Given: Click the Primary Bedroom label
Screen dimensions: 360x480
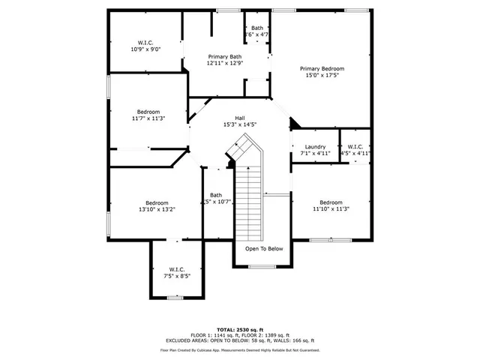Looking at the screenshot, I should pyautogui.click(x=323, y=68).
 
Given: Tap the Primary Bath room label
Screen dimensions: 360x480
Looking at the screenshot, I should pyautogui.click(x=225, y=57).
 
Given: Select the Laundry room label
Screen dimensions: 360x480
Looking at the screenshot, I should pyautogui.click(x=313, y=146).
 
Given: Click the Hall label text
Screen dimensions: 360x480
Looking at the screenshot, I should pyautogui.click(x=240, y=118).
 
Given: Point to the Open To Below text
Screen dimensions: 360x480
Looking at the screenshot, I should pyautogui.click(x=264, y=249).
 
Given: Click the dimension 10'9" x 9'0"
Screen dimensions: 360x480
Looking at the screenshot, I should pyautogui.click(x=145, y=49).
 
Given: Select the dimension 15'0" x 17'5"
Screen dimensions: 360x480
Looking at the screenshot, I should pyautogui.click(x=323, y=75).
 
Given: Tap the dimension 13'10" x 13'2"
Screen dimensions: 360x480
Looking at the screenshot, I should pyautogui.click(x=157, y=209).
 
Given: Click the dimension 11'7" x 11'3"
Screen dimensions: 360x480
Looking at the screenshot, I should pyautogui.click(x=148, y=118).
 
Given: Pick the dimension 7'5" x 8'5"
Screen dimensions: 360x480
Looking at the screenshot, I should pyautogui.click(x=177, y=275).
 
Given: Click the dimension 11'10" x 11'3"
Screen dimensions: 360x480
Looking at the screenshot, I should pyautogui.click(x=331, y=208).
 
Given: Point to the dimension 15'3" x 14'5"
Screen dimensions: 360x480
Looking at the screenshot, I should pyautogui.click(x=240, y=124).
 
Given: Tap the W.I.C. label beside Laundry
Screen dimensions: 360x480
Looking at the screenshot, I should pyautogui.click(x=355, y=146).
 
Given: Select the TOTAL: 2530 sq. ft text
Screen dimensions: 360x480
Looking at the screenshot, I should pyautogui.click(x=240, y=329).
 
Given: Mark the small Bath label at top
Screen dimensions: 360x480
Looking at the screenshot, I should pyautogui.click(x=257, y=28).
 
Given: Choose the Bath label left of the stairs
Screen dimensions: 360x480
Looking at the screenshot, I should pyautogui.click(x=216, y=195).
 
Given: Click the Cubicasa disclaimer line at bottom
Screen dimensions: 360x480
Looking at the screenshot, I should pyautogui.click(x=240, y=349).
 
